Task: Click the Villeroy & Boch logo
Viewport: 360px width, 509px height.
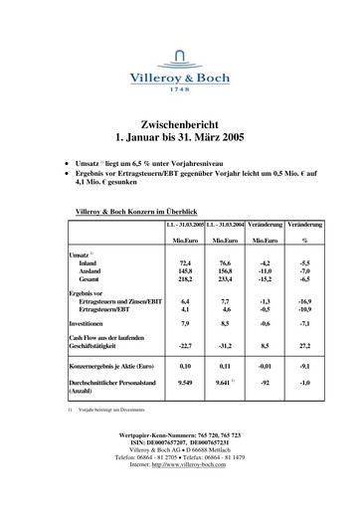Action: point(179,71)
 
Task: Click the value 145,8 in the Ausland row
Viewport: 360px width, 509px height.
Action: point(185,271)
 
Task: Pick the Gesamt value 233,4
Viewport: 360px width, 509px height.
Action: point(230,280)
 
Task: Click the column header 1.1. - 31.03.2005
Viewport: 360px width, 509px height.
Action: point(185,226)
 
